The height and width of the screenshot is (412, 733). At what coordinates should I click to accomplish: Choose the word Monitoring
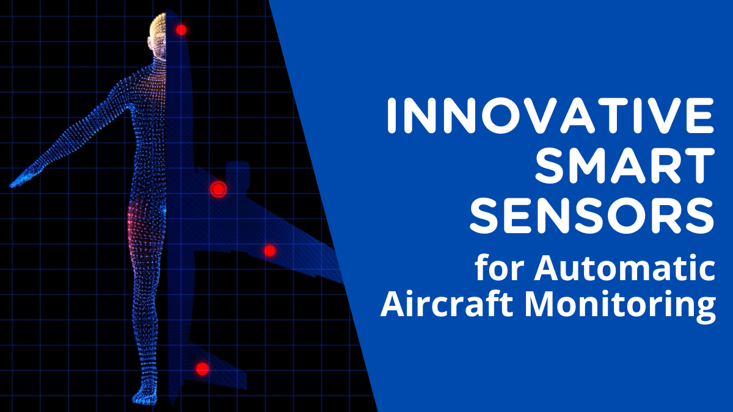pyautogui.click(x=617, y=305)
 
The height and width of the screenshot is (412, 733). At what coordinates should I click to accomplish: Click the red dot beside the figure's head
pyautogui.click(x=181, y=29)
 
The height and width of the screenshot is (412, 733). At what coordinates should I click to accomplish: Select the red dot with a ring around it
pyautogui.click(x=218, y=189)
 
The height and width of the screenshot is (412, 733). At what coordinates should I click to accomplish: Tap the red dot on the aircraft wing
pyautogui.click(x=269, y=251)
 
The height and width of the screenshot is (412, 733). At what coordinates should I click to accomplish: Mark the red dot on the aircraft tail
pyautogui.click(x=202, y=369)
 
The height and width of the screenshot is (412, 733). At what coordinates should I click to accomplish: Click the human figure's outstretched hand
pyautogui.click(x=18, y=181)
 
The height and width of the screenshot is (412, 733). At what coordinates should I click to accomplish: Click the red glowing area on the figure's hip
pyautogui.click(x=133, y=226)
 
